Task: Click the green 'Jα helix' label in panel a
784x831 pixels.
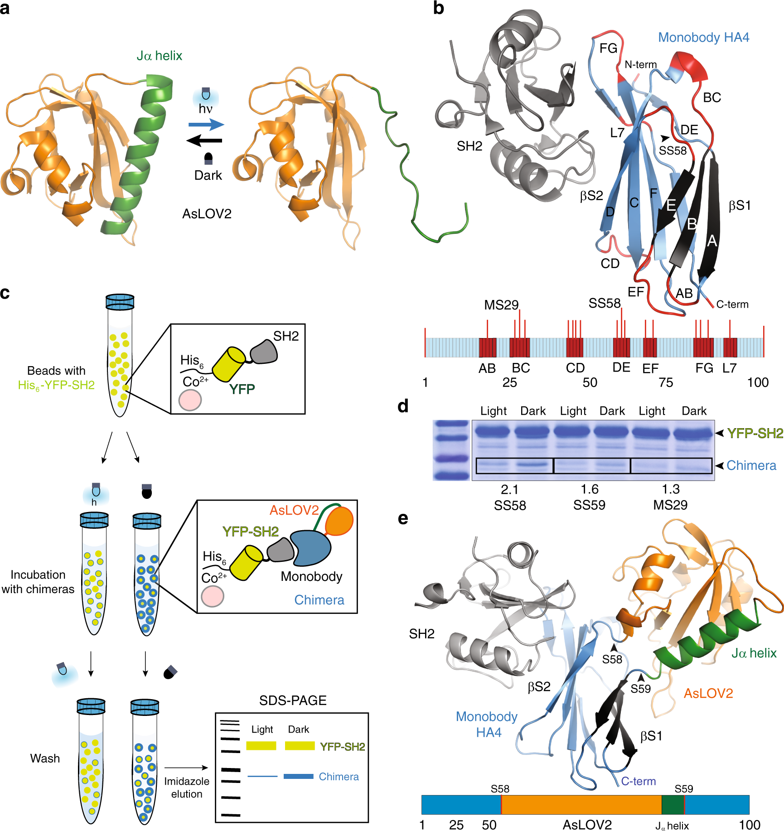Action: coord(159,56)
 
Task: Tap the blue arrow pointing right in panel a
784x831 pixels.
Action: coord(206,125)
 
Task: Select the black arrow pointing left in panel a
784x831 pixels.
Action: coord(204,140)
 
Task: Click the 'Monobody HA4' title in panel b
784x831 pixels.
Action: coord(703,37)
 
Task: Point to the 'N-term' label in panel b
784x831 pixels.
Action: coord(640,65)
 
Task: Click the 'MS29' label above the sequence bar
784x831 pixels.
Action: coord(501,305)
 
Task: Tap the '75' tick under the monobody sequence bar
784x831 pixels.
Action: coord(666,382)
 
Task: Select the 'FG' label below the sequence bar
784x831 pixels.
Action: coord(704,368)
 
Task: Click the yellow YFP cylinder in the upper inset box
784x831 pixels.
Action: coord(228,364)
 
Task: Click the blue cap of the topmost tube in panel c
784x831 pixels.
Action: coord(120,302)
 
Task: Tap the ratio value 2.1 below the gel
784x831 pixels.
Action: coord(509,489)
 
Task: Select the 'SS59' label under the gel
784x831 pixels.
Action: coord(589,505)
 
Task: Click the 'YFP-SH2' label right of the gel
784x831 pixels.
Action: coord(755,434)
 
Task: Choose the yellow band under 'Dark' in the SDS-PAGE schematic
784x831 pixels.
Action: coord(300,745)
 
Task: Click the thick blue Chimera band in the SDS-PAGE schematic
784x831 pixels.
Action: coord(298,776)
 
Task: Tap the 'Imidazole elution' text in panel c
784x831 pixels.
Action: coord(186,788)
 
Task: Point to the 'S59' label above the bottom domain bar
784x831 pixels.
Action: coord(683,789)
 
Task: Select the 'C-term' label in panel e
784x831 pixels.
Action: coord(638,781)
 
